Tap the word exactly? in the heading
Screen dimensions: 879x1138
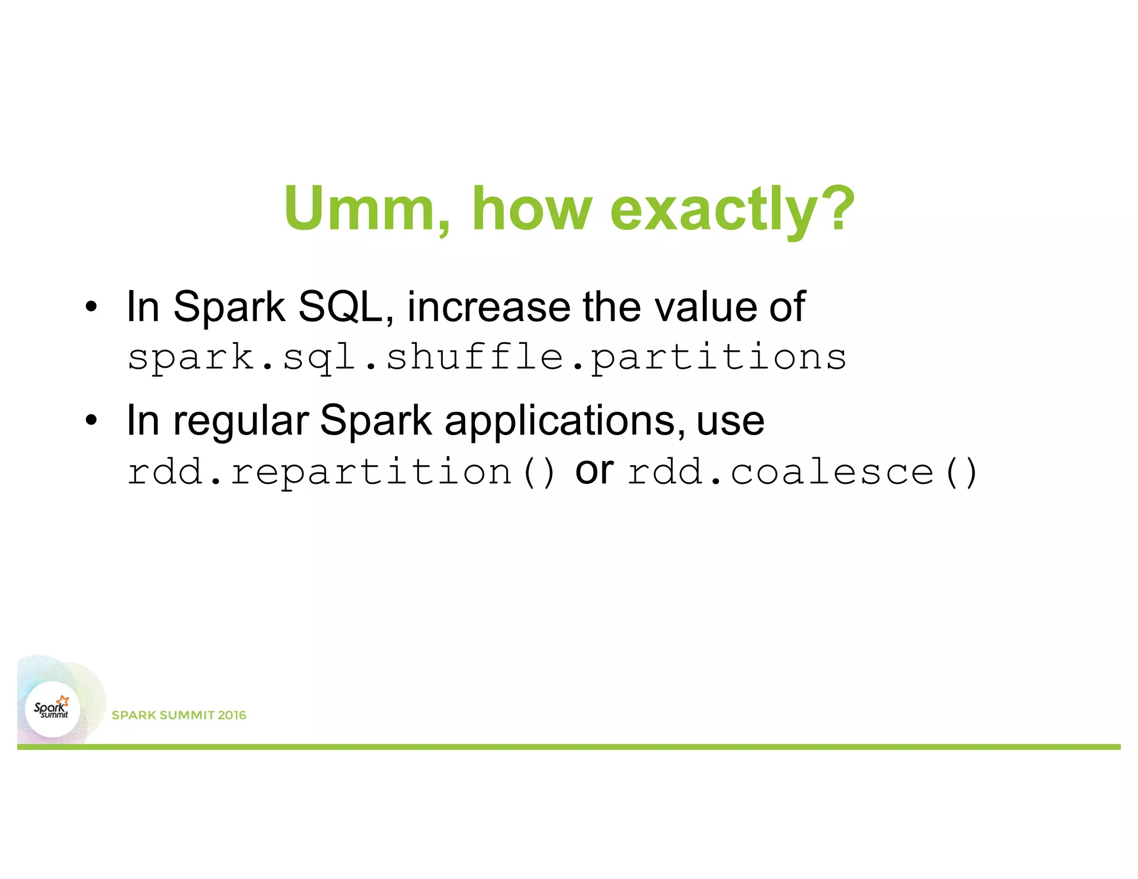[732, 209]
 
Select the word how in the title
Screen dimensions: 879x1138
[532, 209]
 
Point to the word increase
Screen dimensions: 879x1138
[489, 307]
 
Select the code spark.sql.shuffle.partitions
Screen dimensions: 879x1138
[487, 357]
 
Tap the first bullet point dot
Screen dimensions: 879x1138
[91, 307]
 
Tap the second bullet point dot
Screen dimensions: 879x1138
[91, 421]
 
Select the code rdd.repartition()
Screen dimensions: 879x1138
[341, 472]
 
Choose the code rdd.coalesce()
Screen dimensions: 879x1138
[802, 472]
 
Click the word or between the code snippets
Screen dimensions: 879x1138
[594, 472]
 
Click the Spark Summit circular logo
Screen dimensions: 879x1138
[52, 710]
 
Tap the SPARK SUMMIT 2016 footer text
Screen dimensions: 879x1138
[178, 715]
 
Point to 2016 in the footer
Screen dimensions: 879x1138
[232, 715]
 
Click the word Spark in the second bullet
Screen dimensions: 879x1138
[376, 421]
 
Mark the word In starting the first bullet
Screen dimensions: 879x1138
[143, 307]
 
